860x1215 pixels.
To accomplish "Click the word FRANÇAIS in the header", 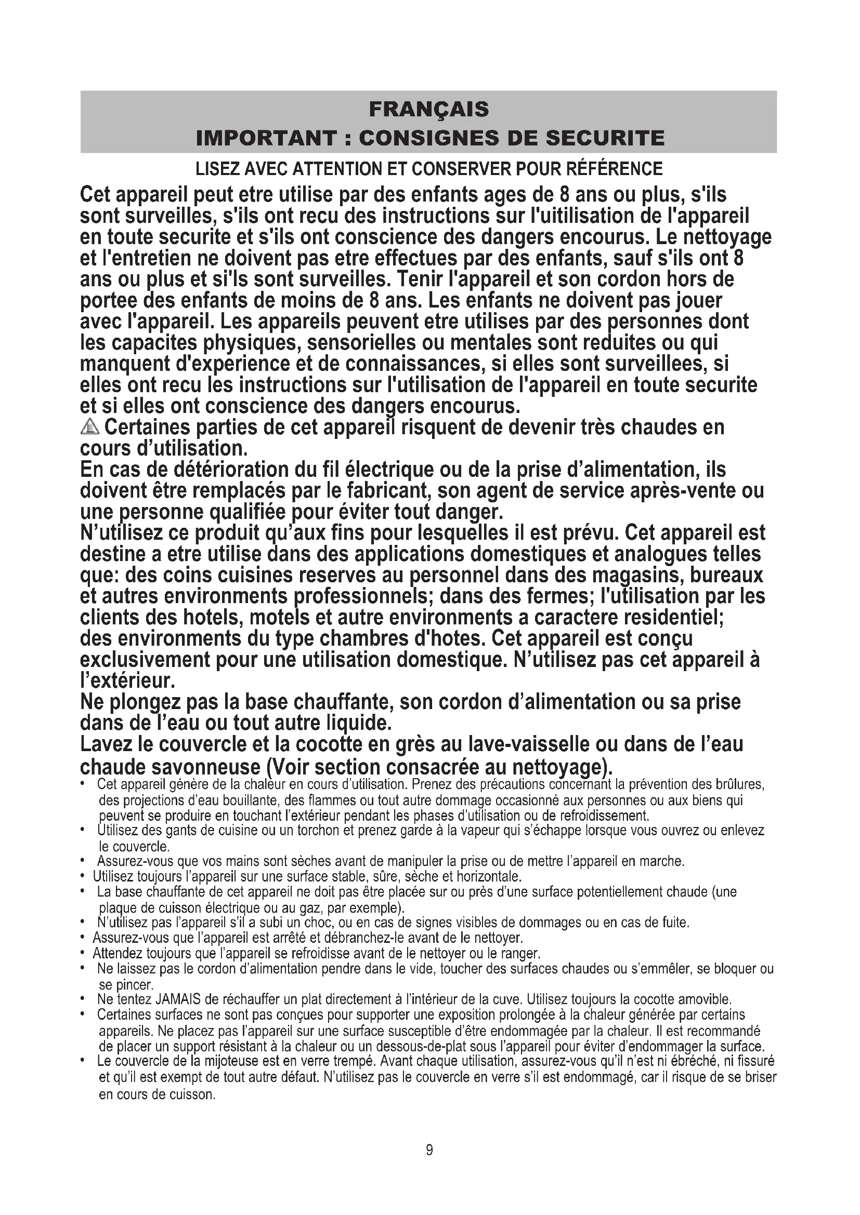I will coord(429,110).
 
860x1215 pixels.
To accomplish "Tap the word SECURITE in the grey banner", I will coord(605,138).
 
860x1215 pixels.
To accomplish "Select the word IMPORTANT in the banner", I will coord(266,138).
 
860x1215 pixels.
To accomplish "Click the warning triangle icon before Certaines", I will coord(90,426).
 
